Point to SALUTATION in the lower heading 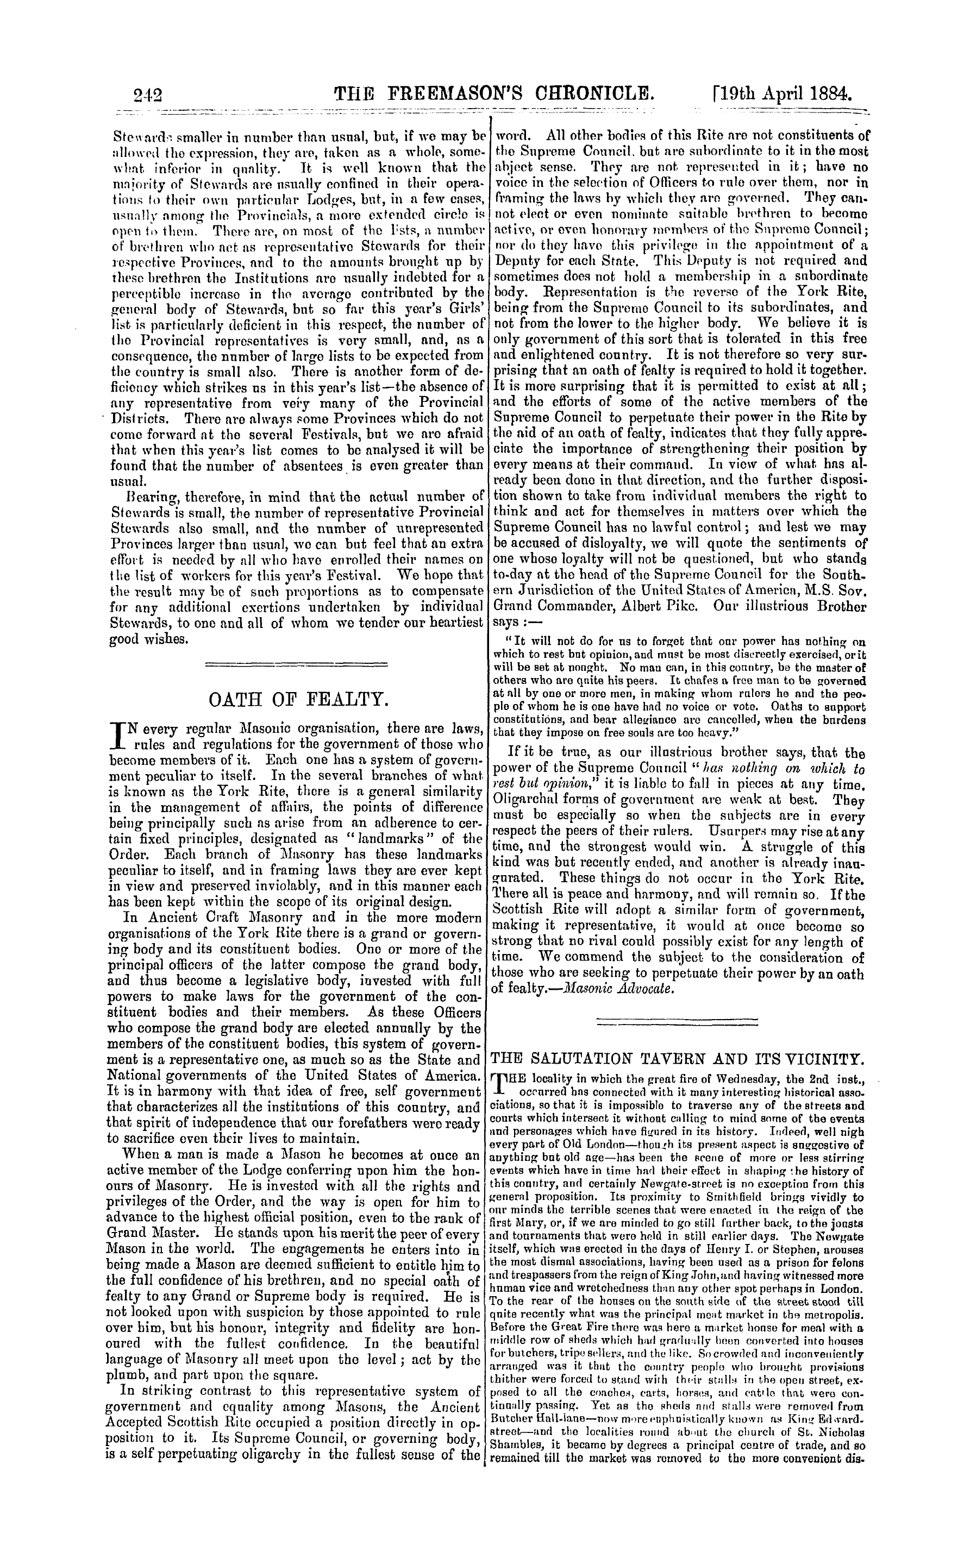(x=596, y=1059)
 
